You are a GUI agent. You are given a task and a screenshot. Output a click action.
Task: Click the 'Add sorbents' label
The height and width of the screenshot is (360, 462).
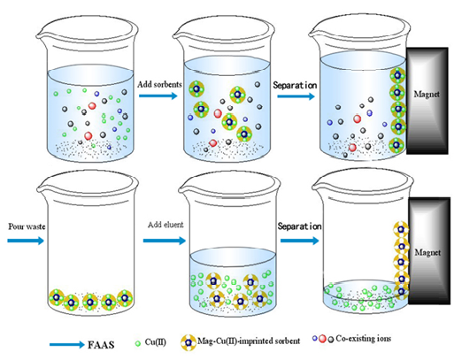click(159, 84)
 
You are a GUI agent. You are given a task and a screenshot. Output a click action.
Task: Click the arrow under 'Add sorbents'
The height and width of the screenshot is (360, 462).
click(158, 96)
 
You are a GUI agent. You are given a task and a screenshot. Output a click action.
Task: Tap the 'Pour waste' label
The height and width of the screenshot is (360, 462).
click(27, 226)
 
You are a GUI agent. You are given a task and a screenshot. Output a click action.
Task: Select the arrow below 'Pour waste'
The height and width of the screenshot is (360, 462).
click(26, 241)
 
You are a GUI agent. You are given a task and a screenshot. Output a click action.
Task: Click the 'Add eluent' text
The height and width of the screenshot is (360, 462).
click(166, 225)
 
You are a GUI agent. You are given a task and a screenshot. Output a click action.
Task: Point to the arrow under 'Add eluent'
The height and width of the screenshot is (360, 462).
click(165, 241)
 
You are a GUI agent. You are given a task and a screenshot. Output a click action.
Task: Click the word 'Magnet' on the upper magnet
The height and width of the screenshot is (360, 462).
click(427, 95)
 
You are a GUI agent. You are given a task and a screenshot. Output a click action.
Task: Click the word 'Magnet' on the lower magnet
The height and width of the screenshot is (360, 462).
click(427, 253)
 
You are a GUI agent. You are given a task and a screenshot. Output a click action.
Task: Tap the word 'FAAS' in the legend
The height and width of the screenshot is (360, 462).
click(101, 345)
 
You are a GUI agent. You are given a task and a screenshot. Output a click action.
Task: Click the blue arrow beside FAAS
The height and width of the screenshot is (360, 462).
click(67, 345)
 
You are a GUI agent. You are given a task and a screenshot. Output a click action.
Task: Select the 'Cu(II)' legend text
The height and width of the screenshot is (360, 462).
click(155, 342)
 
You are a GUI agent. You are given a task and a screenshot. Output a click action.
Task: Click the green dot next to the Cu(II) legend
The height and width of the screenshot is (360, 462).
click(137, 343)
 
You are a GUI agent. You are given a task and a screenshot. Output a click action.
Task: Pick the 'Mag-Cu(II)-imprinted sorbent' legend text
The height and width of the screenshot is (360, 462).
click(249, 341)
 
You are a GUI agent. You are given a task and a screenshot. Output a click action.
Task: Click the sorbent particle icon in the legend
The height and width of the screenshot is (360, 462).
click(189, 343)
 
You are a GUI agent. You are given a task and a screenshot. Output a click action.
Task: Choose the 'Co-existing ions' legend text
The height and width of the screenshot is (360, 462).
click(364, 339)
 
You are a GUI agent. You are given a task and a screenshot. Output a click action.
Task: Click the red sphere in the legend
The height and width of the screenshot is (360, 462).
click(322, 339)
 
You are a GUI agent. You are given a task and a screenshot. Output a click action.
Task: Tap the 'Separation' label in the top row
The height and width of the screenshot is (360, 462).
click(295, 85)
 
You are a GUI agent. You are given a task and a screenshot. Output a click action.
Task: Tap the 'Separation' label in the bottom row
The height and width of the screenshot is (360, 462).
click(299, 226)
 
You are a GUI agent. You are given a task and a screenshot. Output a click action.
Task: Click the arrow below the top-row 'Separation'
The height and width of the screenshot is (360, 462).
click(296, 96)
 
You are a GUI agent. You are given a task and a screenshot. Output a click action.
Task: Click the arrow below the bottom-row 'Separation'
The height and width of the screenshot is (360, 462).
click(300, 241)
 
